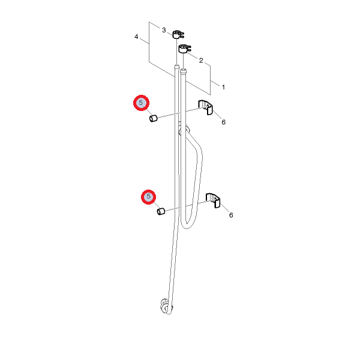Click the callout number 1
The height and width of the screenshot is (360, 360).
click(x=223, y=87)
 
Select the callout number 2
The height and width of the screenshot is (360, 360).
click(x=201, y=61)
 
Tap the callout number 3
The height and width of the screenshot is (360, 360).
click(x=164, y=30)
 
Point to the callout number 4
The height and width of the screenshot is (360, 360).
click(x=136, y=37)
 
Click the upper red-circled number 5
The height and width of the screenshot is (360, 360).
click(x=141, y=103)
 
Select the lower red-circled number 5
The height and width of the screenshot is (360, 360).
click(x=149, y=197)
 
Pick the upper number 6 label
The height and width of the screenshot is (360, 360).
click(x=224, y=122)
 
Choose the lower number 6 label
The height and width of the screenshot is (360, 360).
click(x=231, y=215)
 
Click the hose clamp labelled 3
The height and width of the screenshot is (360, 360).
click(x=178, y=35)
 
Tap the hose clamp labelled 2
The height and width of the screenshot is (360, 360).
click(x=184, y=49)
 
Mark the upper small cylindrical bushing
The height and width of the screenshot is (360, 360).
click(x=153, y=118)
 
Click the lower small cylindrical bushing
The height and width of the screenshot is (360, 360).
click(x=161, y=211)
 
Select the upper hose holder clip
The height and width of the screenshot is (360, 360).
click(x=205, y=107)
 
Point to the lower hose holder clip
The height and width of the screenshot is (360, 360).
click(x=213, y=200)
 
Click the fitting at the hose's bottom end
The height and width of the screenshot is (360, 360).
click(x=166, y=307)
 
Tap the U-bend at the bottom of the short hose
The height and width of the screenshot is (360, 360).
click(x=187, y=226)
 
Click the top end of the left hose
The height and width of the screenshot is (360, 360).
click(x=176, y=67)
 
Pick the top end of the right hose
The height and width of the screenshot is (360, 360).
click(x=183, y=71)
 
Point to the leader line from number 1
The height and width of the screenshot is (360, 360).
click(x=215, y=83)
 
